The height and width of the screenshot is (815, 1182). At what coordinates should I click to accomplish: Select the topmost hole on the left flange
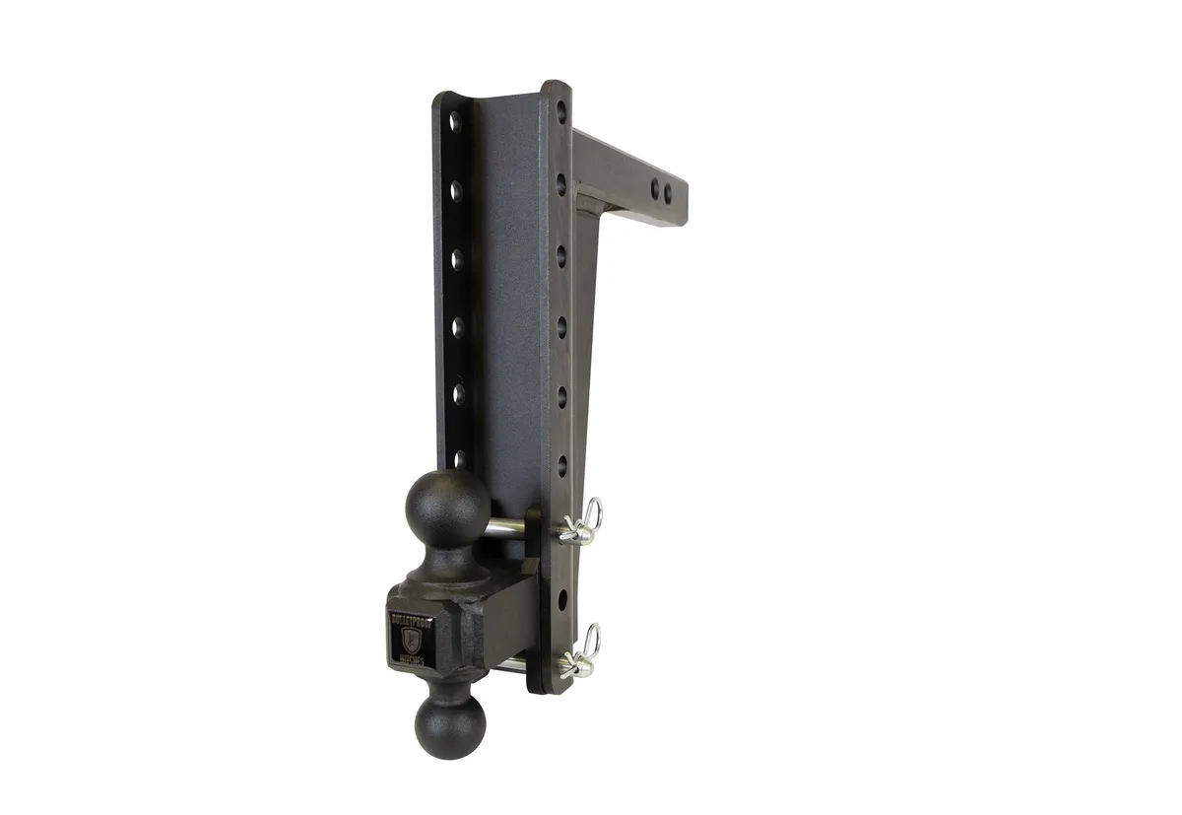coord(455,122)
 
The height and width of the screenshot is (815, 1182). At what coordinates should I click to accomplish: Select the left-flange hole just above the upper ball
coord(458,457)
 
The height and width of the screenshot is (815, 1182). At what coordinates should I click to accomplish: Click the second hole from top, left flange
coord(456,188)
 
